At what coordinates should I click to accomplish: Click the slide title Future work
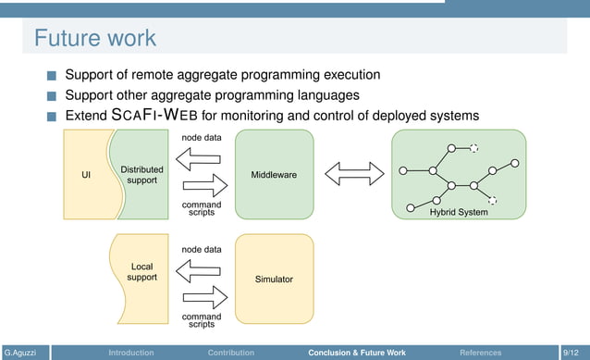coord(95,38)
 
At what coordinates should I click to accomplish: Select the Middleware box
coord(274,175)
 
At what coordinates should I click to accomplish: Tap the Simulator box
coord(274,278)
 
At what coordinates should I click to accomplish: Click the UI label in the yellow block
coord(86,175)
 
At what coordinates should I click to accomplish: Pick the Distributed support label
coord(141,175)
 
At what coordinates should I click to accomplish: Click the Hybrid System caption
coord(459,212)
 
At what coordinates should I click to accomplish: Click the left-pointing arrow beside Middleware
coord(201,159)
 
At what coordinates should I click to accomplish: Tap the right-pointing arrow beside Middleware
coord(201,186)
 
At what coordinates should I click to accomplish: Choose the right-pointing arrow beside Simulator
coord(201,297)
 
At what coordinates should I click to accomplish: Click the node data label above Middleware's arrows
coord(201,138)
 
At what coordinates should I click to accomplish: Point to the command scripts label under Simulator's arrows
coord(201,320)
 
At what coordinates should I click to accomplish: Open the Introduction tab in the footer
coord(131,353)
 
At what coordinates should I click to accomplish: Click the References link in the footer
coord(480,353)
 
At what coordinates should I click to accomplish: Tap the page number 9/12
coord(573,353)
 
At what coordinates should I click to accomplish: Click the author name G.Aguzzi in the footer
coord(21,353)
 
